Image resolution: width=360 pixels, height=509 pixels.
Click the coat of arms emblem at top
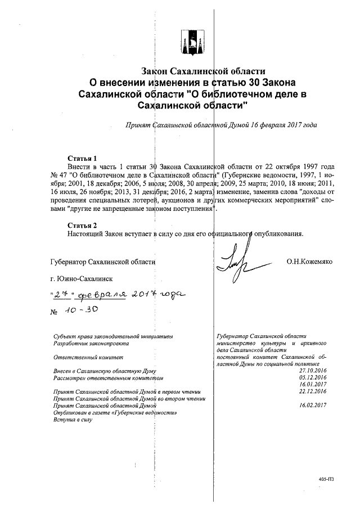pyautogui.click(x=192, y=42)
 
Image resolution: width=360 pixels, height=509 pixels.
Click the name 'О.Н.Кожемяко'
pyautogui.click(x=310, y=262)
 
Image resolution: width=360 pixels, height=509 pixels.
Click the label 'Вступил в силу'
pyautogui.click(x=71, y=419)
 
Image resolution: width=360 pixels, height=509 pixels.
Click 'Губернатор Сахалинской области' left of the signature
pyautogui.click(x=102, y=262)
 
